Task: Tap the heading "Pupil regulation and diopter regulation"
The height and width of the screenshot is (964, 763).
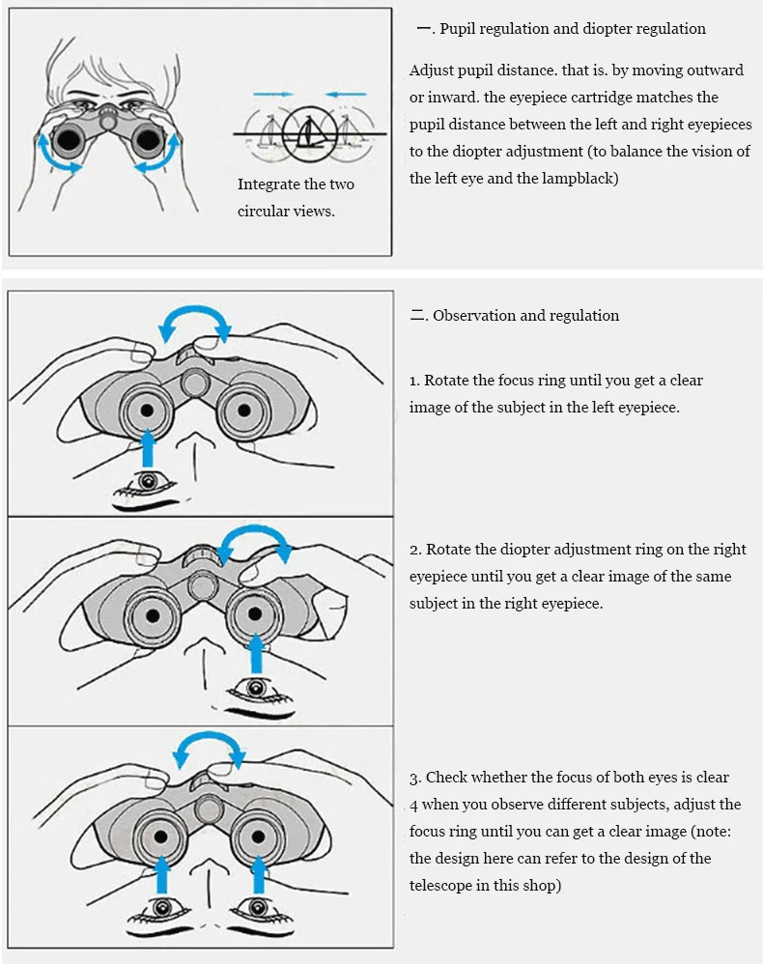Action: (x=572, y=29)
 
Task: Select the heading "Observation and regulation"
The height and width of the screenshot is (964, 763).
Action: (x=525, y=316)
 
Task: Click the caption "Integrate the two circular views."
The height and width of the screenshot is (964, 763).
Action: (x=296, y=197)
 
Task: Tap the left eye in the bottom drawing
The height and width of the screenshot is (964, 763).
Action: (x=161, y=908)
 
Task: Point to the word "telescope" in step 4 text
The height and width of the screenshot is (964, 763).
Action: (x=441, y=885)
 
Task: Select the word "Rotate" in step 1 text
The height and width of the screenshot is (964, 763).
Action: (x=448, y=381)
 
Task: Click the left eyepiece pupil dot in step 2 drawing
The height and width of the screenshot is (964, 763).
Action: (x=152, y=615)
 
